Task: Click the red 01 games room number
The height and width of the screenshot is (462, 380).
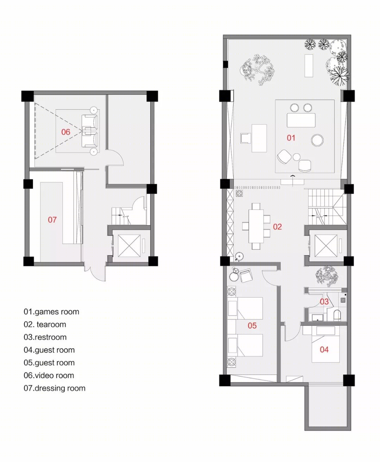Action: (x=291, y=138)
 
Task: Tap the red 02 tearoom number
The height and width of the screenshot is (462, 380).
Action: (x=277, y=227)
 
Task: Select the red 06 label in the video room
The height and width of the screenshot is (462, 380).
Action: (x=65, y=132)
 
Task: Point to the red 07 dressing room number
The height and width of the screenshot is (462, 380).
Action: (x=52, y=220)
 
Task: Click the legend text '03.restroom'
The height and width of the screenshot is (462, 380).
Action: (x=45, y=337)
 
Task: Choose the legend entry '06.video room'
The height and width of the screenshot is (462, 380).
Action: (x=49, y=376)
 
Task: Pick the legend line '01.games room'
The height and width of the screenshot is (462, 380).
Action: (x=51, y=312)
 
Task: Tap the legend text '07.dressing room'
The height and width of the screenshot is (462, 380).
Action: (x=55, y=388)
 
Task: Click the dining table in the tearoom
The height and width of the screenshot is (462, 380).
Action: (x=256, y=226)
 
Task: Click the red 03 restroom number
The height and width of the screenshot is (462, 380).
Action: (x=324, y=302)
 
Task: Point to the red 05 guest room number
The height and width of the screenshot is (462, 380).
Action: (x=252, y=326)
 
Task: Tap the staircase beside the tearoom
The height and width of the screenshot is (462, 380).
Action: (x=327, y=207)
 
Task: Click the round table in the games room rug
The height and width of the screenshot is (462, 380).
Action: (x=317, y=140)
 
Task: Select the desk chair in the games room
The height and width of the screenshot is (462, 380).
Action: (x=246, y=138)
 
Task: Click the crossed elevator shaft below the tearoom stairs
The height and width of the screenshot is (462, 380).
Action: (x=326, y=246)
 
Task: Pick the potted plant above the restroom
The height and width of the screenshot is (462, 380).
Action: (x=327, y=276)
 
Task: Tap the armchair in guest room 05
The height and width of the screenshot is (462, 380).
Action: (x=246, y=276)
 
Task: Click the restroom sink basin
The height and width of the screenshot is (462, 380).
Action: (x=318, y=317)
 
